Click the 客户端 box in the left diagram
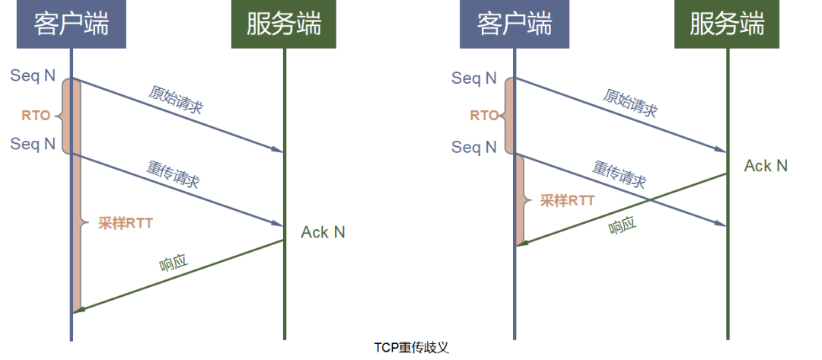click(72, 24)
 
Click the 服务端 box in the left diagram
click(284, 24)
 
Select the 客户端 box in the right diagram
click(515, 24)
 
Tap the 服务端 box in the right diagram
click(727, 24)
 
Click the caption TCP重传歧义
click(412, 348)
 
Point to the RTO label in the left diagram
click(36, 116)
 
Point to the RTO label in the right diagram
click(484, 115)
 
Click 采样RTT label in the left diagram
click(126, 223)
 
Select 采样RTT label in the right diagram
click(567, 200)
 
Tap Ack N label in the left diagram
click(323, 232)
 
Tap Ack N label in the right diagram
click(766, 166)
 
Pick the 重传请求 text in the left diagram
click(173, 174)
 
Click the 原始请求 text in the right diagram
click(629, 102)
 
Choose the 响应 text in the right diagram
click(623, 225)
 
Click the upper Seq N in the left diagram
click(33, 76)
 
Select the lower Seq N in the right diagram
click(474, 147)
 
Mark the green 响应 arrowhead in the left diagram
click(78, 311)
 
